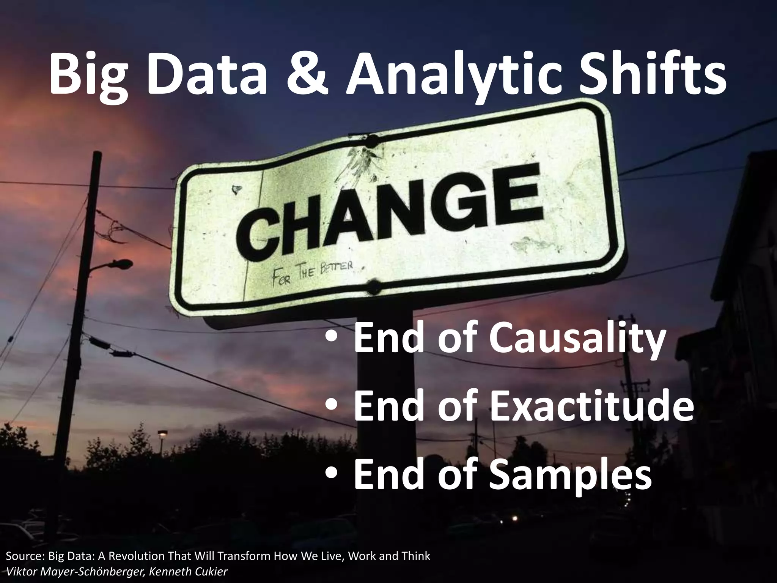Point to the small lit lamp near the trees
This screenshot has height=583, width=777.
point(162,433)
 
